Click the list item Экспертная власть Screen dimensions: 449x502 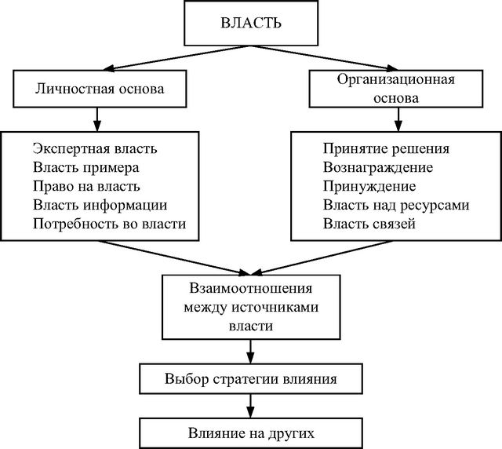(96, 148)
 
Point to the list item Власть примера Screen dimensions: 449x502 (86, 167)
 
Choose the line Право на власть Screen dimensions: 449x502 (86, 186)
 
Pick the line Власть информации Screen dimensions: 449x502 (100, 205)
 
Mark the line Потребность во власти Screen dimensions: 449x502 (110, 224)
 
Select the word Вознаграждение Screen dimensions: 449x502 (378, 167)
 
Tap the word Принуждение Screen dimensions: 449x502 (369, 186)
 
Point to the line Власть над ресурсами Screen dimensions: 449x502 (396, 205)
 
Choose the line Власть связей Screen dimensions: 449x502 (369, 224)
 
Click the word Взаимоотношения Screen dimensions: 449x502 (251, 287)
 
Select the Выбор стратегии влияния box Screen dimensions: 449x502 (251, 378)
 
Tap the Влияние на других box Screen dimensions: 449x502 (251, 432)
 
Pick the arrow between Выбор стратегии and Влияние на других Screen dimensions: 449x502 (251, 405)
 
